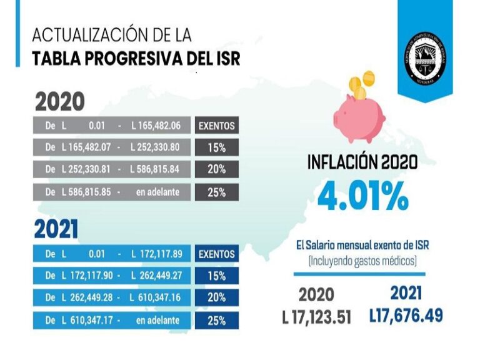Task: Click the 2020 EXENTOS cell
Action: (x=216, y=126)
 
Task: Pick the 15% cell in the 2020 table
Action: (x=216, y=147)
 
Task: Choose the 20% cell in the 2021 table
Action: (x=216, y=298)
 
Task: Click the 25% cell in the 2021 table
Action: (x=216, y=321)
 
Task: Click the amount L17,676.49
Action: (x=406, y=315)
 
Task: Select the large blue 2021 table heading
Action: (x=56, y=230)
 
